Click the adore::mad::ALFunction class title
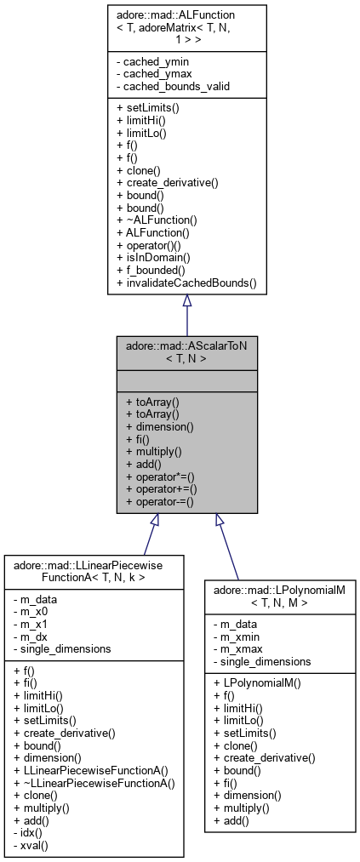tap(186, 26)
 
